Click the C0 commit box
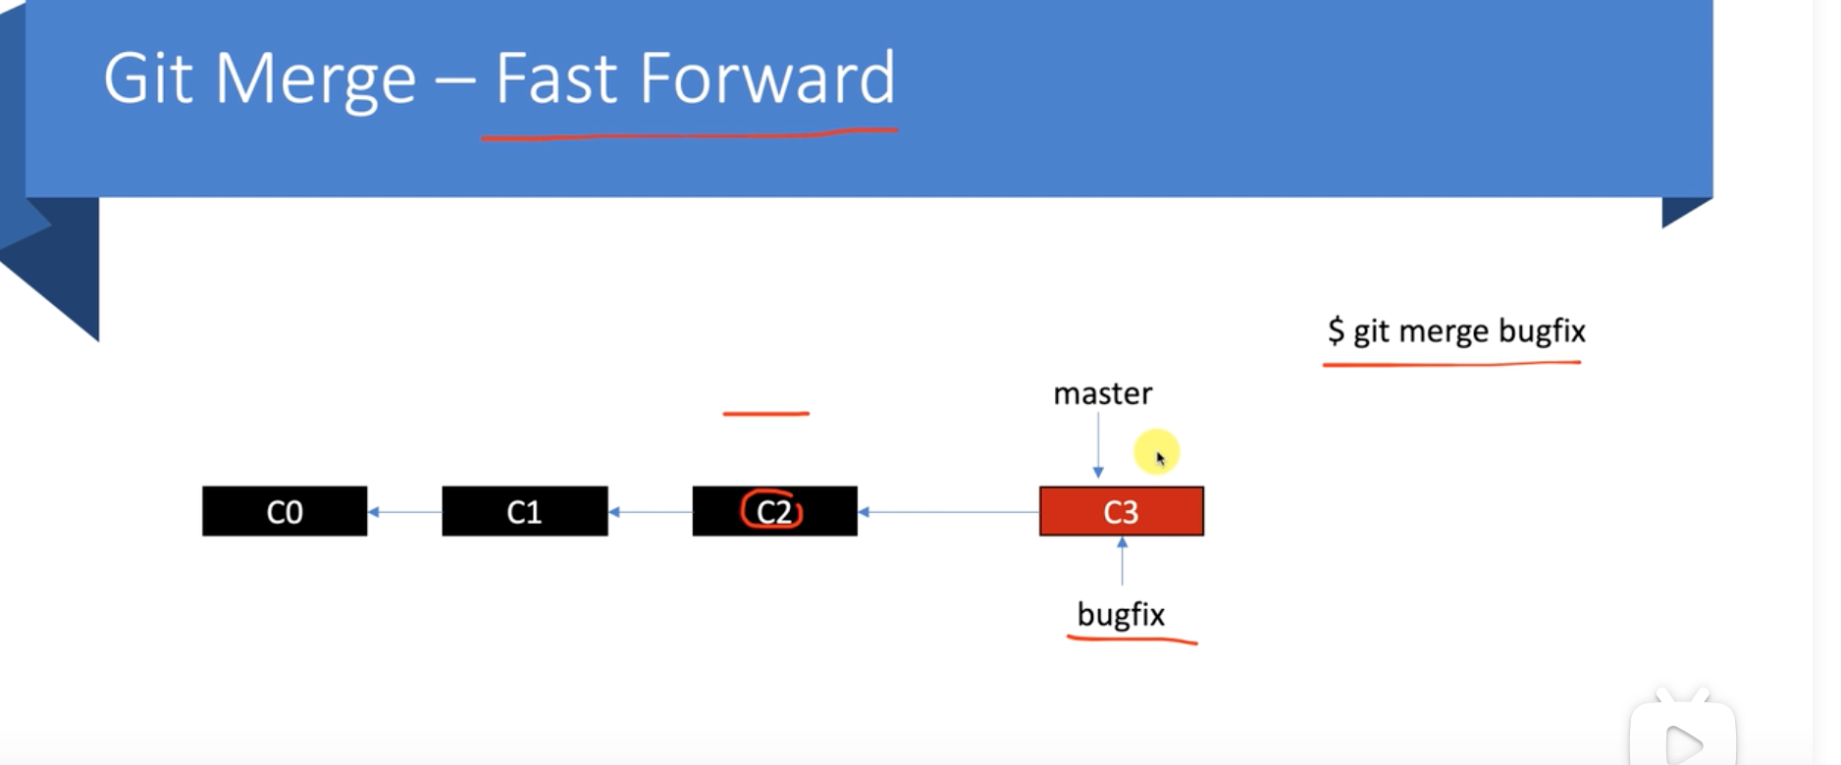[x=285, y=511]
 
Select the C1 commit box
[x=525, y=511]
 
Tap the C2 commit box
[x=774, y=511]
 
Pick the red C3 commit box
[x=1121, y=511]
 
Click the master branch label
[x=1102, y=393]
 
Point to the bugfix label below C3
[x=1121, y=615]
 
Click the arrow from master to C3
[x=1098, y=445]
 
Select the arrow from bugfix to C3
[x=1122, y=561]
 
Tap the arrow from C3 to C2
[x=948, y=511]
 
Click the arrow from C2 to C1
[x=650, y=511]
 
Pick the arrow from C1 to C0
[x=404, y=511]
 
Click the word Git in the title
[x=148, y=78]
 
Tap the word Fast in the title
[x=555, y=78]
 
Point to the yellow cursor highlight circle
[x=1157, y=452]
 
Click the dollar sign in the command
[x=1336, y=331]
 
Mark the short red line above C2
[x=765, y=414]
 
